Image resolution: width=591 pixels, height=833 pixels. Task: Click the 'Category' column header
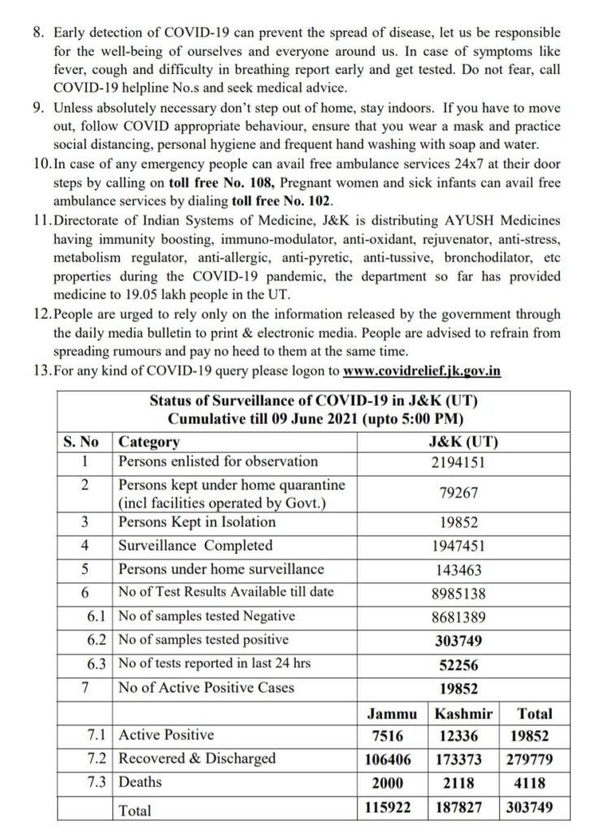coord(149,443)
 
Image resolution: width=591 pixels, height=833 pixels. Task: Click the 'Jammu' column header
coord(393,714)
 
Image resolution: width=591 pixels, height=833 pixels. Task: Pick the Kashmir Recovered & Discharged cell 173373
coord(460,760)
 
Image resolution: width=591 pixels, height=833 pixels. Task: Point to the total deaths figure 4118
coord(529,783)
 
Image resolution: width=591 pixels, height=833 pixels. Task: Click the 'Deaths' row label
coord(140,783)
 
